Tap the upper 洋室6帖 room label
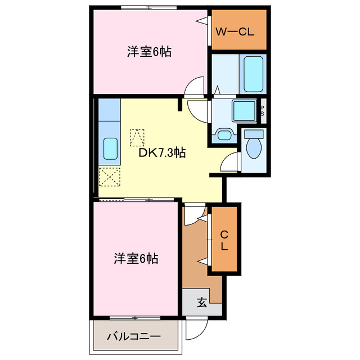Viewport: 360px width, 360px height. (148, 52)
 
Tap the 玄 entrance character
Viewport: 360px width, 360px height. (201, 303)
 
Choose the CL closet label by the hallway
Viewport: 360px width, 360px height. (224, 240)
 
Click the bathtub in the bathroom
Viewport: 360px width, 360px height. (254, 73)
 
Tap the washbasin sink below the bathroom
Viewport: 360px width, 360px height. (224, 136)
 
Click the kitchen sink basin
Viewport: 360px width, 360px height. (110, 149)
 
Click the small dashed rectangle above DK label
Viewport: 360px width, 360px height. (137, 137)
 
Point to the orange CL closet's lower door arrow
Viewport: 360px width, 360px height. (203, 260)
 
